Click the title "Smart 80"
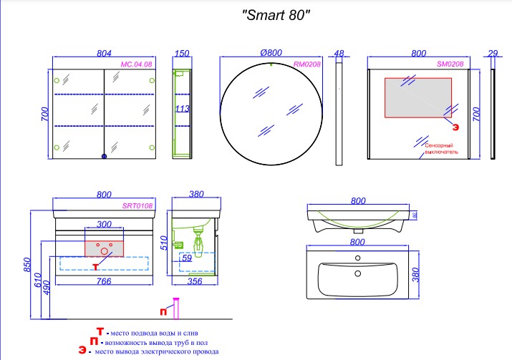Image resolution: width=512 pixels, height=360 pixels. (276, 15)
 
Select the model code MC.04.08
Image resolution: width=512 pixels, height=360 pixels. (136, 64)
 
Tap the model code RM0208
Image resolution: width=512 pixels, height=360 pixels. (307, 64)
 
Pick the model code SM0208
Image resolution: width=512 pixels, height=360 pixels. (450, 64)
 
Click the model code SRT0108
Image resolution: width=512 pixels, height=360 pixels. (137, 205)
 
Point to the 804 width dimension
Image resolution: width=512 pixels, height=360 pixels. (104, 53)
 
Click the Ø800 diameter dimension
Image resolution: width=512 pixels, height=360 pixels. (271, 52)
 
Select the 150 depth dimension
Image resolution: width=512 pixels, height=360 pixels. (182, 53)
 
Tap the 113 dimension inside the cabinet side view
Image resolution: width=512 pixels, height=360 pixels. (182, 108)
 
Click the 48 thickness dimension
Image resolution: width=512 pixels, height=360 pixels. (339, 53)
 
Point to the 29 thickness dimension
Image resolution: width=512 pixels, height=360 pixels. (493, 53)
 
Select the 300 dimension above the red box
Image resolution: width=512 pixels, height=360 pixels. (104, 224)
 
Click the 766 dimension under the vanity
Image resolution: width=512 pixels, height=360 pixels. (104, 281)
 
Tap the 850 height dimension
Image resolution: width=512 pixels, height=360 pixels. (27, 265)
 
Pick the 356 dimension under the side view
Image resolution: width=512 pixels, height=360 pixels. (195, 281)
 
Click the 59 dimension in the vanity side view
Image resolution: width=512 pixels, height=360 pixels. (187, 258)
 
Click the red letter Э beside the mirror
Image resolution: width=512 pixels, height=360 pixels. (455, 127)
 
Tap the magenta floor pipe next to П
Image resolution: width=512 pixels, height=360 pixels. (176, 308)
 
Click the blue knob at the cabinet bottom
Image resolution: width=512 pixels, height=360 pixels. (104, 156)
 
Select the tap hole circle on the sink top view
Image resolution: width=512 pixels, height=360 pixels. (357, 258)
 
